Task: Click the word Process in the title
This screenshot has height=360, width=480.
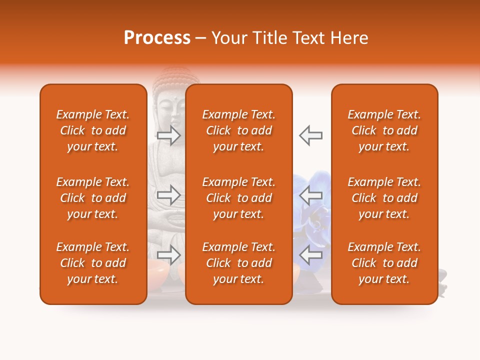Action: pos(157,38)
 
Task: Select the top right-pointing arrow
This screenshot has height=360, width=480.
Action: pos(169,135)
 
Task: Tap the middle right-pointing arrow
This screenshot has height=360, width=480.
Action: pos(169,195)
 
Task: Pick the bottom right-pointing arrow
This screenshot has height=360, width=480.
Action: pos(169,255)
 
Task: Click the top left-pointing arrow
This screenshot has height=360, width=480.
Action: pos(311,135)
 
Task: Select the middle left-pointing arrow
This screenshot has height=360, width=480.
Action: pos(311,195)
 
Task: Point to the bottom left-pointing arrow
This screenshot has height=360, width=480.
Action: pos(311,255)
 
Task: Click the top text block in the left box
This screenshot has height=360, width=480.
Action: pos(93,130)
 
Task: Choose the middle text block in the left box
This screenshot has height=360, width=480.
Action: pos(93,198)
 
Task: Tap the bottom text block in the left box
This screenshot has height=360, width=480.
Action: pos(93,263)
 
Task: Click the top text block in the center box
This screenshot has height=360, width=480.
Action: pos(239,130)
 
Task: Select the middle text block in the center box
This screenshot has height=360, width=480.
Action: pos(239,198)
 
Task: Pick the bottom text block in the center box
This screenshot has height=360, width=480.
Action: pos(239,263)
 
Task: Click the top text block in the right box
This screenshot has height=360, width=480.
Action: pos(384,130)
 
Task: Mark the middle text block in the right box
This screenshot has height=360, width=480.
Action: pos(384,198)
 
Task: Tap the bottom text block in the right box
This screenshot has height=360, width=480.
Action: pos(384,263)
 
